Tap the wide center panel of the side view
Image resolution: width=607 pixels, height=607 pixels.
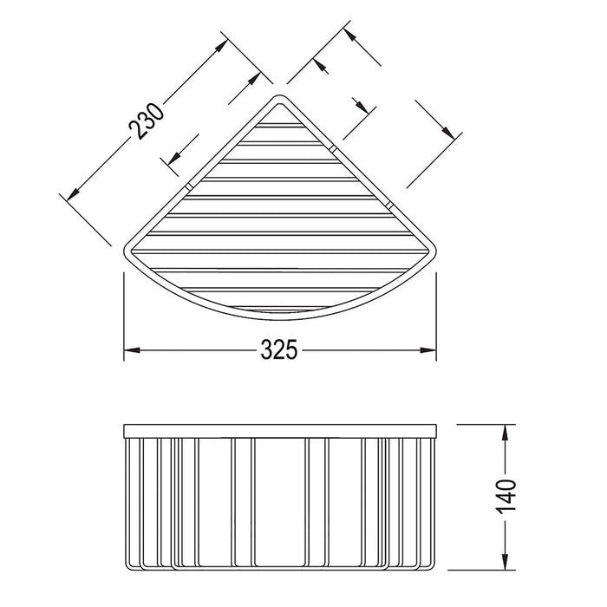[x=279, y=499]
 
